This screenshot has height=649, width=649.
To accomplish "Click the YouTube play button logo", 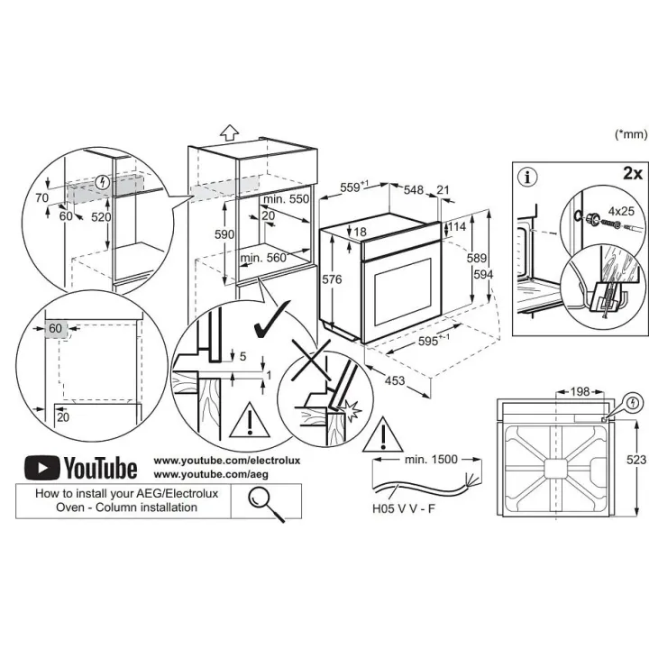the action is click(41, 467).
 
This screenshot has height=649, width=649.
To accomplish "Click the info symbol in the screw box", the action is click(527, 178).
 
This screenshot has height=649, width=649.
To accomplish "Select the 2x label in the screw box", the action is click(633, 173).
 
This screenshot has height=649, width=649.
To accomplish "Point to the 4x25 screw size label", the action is click(621, 211).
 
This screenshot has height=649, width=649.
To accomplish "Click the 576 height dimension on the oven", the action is click(332, 279).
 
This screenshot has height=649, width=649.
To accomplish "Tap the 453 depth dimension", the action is click(395, 380).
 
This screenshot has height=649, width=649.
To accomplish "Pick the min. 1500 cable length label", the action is click(431, 459).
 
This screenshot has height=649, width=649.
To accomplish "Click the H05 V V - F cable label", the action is click(404, 508).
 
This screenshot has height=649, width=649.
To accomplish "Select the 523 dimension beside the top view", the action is click(636, 460).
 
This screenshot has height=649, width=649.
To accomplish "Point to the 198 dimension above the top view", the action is click(580, 391).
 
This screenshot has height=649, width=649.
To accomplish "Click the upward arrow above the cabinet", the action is click(229, 133).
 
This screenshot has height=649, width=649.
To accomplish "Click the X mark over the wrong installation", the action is click(311, 360).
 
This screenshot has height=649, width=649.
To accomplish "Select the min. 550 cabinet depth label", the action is click(286, 199).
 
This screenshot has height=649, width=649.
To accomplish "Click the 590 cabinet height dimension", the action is click(224, 234).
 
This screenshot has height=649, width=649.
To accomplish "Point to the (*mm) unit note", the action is click(631, 133).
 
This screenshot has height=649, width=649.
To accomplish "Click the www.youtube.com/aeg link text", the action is click(211, 474).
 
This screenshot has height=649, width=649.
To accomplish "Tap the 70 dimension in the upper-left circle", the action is click(41, 197).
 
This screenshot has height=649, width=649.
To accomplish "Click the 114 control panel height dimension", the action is click(457, 226).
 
